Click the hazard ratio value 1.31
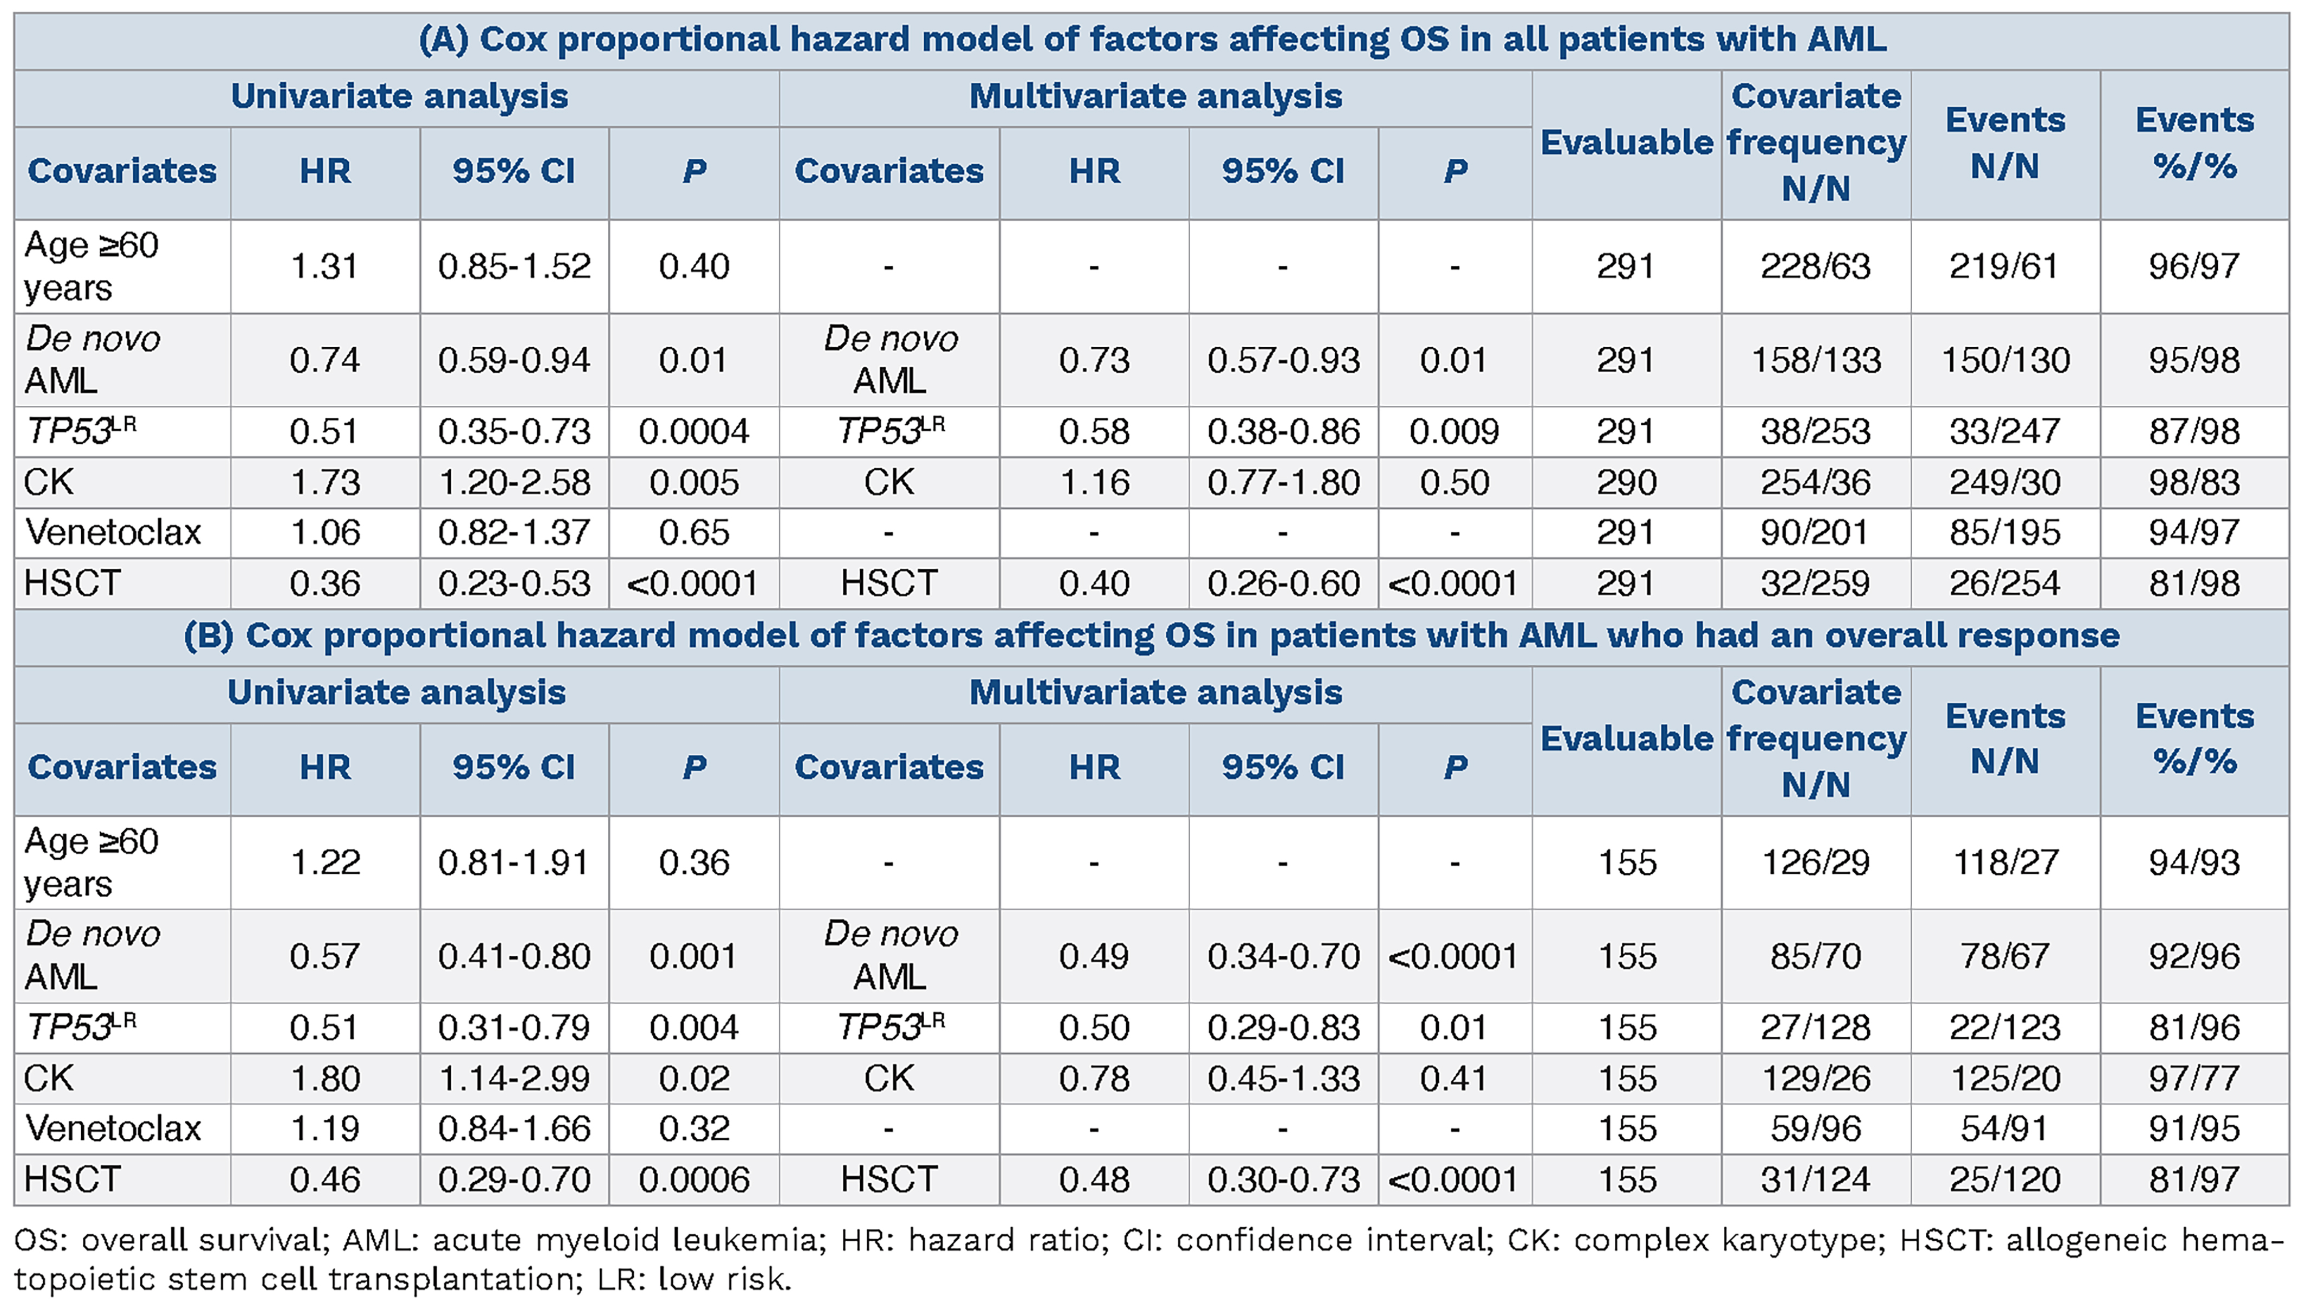point(324,266)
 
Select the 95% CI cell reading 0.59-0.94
point(515,360)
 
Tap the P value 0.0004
point(694,431)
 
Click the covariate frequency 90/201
point(1816,533)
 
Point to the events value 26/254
point(2005,584)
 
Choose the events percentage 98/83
point(2194,482)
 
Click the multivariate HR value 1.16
point(1095,482)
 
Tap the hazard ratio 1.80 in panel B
point(324,1078)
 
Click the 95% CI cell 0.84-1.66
point(515,1129)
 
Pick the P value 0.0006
point(694,1179)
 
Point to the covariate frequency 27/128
point(1816,1027)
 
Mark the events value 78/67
point(2005,956)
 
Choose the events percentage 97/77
point(2194,1078)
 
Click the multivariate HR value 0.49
point(1095,956)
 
